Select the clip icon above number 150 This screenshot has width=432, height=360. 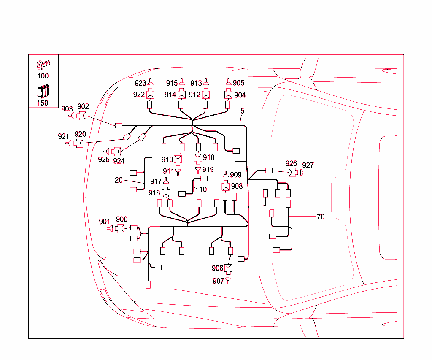[x=43, y=92]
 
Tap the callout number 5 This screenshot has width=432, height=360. [x=242, y=111]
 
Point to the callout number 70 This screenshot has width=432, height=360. [x=321, y=217]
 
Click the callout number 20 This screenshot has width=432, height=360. [x=119, y=180]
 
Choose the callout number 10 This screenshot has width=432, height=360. [x=203, y=189]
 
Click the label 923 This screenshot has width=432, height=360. [x=140, y=83]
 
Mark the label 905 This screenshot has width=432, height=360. [x=239, y=83]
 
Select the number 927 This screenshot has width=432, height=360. [x=308, y=165]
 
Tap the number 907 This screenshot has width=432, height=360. [x=218, y=281]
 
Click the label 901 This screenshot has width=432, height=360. [x=105, y=222]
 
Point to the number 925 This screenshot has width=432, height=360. [x=104, y=159]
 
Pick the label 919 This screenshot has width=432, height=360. [x=208, y=170]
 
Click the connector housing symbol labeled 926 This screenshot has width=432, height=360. [x=292, y=173]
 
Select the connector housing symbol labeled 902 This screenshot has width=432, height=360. [x=83, y=115]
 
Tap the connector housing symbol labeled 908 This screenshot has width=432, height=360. [x=226, y=186]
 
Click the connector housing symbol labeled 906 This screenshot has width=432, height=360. [x=229, y=268]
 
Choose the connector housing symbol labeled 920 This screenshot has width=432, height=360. [x=78, y=143]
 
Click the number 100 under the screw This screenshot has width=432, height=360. [x=43, y=76]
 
